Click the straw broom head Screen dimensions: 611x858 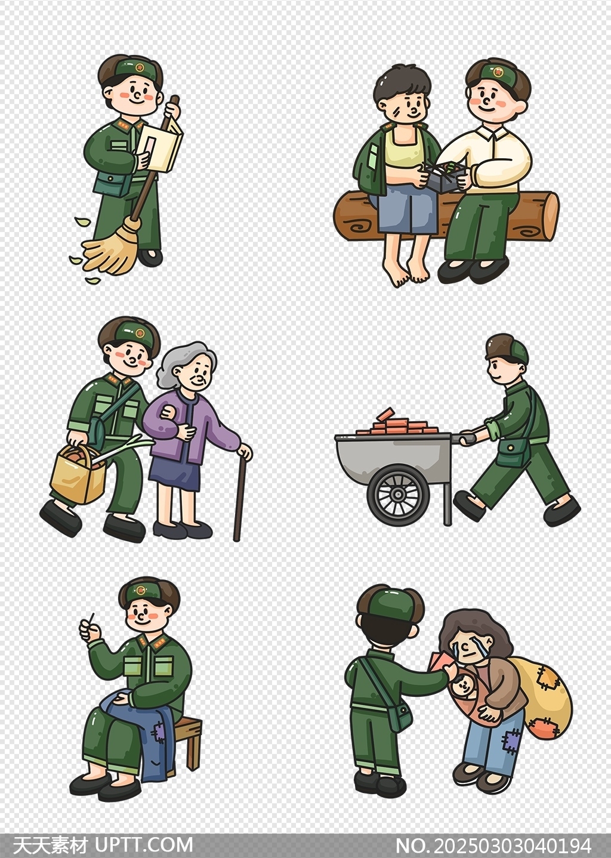(109, 248)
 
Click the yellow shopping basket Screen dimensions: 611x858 (79, 474)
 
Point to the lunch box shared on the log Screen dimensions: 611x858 (448, 176)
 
